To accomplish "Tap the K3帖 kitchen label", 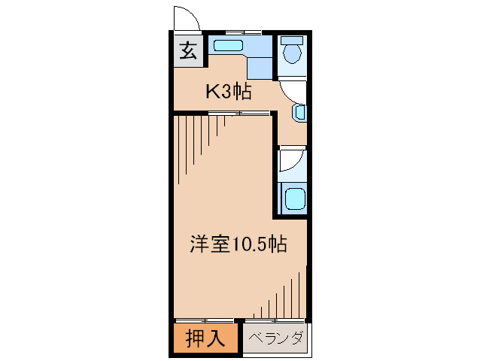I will coord(229,93).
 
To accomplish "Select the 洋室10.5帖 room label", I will coord(237,245).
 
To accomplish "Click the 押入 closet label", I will coord(205,339).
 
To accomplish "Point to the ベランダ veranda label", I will coord(275,339).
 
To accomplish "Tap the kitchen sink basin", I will coord(227,46).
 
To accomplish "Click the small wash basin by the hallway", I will coord(299,113).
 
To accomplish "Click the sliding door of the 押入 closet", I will coord(205,321).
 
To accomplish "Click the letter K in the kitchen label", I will coord(213,93).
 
